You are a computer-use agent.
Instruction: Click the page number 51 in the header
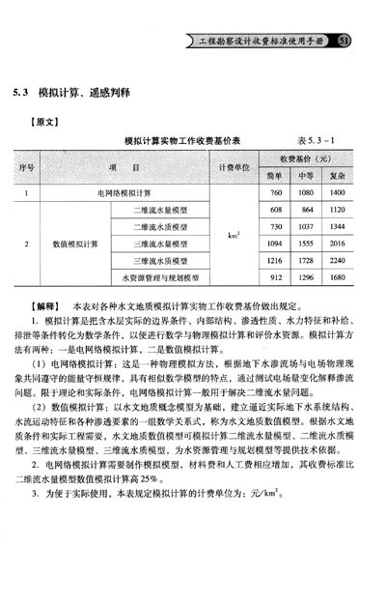(x=346, y=41)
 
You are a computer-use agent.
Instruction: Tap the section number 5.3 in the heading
(x=19, y=94)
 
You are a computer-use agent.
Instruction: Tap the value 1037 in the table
(x=306, y=225)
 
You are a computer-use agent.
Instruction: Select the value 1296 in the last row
(x=306, y=277)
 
